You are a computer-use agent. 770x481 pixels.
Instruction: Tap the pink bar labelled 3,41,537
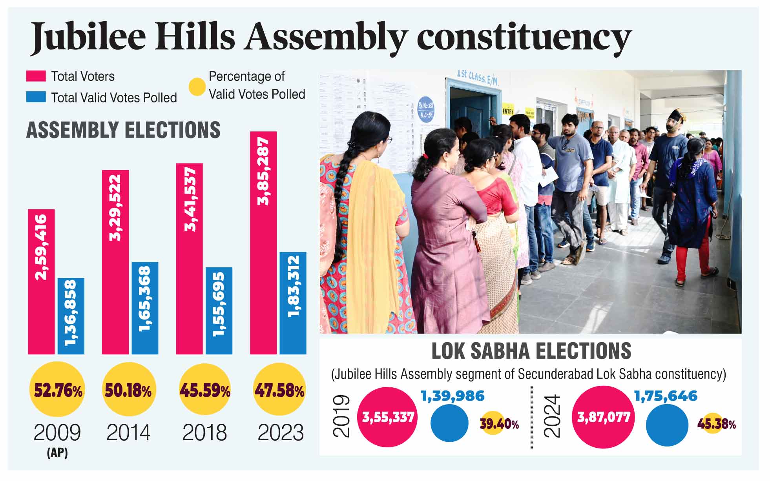click(189, 259)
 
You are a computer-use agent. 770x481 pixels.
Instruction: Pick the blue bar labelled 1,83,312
click(293, 303)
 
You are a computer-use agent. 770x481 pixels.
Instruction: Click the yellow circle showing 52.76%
click(57, 390)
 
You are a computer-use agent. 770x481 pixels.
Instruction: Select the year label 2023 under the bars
click(280, 433)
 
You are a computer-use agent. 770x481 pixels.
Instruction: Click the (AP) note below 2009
click(57, 453)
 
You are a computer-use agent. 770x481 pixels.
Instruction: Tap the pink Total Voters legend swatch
click(36, 76)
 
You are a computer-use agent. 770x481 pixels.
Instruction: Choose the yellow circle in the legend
click(197, 87)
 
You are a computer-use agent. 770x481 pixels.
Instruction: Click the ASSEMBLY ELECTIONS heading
click(123, 130)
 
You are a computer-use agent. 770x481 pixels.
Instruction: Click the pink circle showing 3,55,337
click(388, 417)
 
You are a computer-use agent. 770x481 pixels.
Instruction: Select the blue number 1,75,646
click(666, 396)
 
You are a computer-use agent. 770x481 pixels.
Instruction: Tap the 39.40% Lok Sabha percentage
click(499, 424)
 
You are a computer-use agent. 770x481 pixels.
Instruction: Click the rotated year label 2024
click(552, 416)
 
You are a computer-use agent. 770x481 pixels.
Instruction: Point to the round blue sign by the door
click(425, 109)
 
